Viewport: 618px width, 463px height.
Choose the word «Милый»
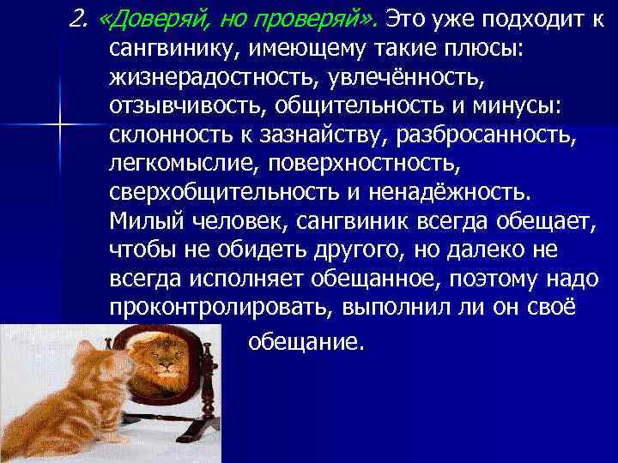click(141, 222)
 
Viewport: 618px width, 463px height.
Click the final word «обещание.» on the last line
click(306, 343)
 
